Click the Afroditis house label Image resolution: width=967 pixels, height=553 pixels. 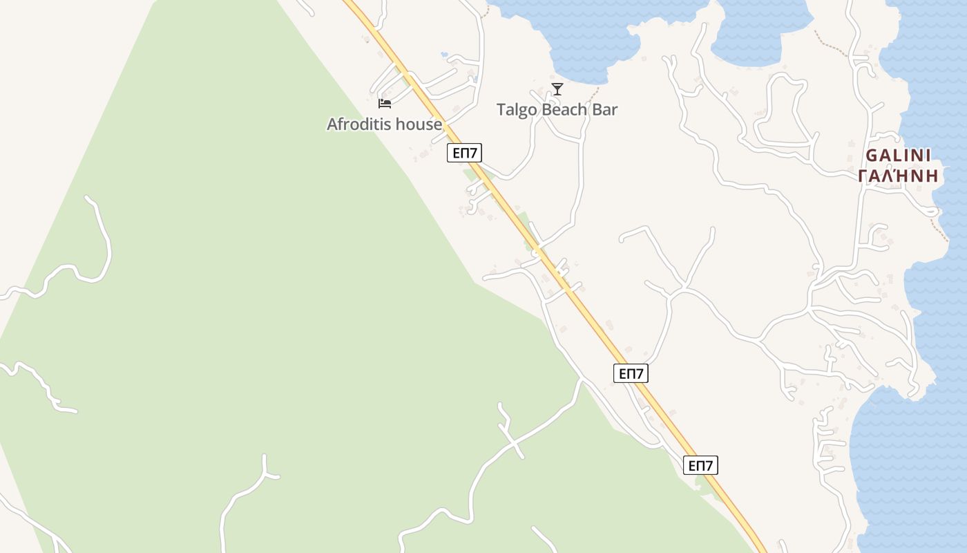pyautogui.click(x=384, y=124)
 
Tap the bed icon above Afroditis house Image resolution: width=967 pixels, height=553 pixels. pyautogui.click(x=385, y=104)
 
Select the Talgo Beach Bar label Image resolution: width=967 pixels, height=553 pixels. pyautogui.click(x=557, y=110)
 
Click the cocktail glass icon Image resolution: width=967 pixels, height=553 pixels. pyautogui.click(x=557, y=89)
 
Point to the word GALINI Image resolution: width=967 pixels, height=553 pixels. pyautogui.click(x=898, y=156)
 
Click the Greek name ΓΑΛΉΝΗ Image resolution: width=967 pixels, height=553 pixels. pyautogui.click(x=898, y=176)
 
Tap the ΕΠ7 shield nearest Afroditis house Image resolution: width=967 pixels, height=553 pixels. pyautogui.click(x=464, y=153)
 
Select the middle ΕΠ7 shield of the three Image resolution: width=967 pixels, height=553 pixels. pyautogui.click(x=631, y=374)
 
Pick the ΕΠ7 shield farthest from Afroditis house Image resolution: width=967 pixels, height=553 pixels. pyautogui.click(x=700, y=465)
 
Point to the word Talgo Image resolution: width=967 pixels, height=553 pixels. pyautogui.click(x=515, y=110)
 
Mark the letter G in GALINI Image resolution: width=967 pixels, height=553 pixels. pyautogui.click(x=871, y=156)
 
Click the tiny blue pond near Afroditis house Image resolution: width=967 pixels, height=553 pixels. pyautogui.click(x=443, y=54)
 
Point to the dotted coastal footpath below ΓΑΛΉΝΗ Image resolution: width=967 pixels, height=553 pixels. pyautogui.click(x=939, y=229)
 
